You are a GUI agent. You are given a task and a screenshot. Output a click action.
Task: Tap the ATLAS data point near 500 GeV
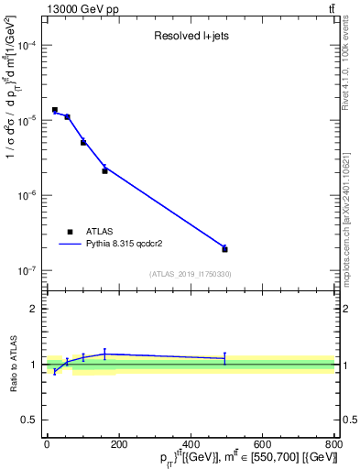click(x=224, y=249)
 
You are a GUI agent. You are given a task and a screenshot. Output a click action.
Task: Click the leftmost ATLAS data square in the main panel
click(x=55, y=110)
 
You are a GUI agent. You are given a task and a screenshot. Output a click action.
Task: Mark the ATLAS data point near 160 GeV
click(x=104, y=170)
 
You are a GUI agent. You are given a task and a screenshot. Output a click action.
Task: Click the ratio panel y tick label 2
click(x=34, y=309)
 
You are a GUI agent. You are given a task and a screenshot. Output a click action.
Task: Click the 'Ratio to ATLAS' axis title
click(x=12, y=365)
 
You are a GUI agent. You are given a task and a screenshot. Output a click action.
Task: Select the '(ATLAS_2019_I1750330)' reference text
click(x=191, y=274)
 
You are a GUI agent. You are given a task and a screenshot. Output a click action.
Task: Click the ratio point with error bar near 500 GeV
click(x=224, y=358)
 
